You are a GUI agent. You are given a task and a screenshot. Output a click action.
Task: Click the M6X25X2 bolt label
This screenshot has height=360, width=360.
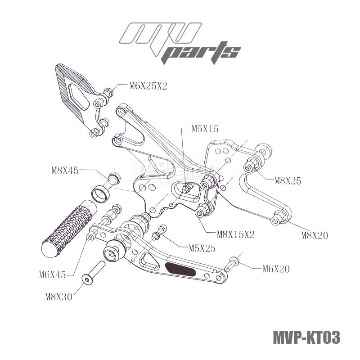tap(148, 86)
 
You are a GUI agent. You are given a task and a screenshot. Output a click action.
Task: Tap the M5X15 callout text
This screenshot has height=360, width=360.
tap(205, 129)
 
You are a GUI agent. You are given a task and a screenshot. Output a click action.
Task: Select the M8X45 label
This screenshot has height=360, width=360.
tap(65, 170)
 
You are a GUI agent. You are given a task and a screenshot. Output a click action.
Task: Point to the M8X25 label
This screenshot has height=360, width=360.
tap(288, 181)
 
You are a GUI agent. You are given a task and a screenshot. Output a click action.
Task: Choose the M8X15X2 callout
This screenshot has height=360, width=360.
tap(236, 234)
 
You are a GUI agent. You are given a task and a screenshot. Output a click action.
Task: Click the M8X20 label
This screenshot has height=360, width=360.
tap(315, 234)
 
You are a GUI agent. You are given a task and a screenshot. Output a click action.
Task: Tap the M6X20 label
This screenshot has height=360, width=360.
tap(276, 269)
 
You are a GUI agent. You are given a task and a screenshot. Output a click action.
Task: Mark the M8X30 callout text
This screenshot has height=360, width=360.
tap(58, 296)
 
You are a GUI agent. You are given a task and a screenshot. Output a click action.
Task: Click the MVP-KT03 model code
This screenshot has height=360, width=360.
tap(306, 337)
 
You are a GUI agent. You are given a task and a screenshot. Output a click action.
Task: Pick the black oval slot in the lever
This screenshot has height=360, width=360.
tap(180, 269)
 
